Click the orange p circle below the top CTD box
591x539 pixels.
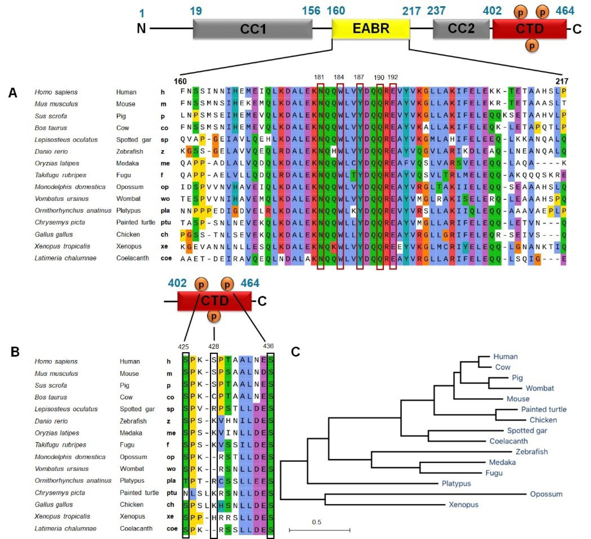coord(532,45)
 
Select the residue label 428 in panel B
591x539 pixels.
coord(214,346)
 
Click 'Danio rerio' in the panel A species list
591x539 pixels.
coord(51,151)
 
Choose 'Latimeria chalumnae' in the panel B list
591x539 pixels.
coord(65,528)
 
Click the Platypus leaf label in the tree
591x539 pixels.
coord(456,483)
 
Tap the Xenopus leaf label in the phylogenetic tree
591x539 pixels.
coord(464,504)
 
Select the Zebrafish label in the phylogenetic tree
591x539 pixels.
coord(531,452)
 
